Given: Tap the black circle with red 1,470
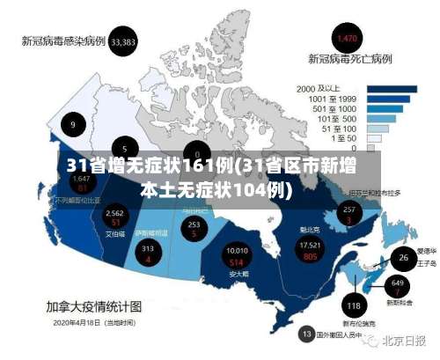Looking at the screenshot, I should pos(347,38).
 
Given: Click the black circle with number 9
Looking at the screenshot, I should pos(73,124).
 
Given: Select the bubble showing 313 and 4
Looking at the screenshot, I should pos(148,253).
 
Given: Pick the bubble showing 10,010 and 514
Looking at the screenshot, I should pos(237,256).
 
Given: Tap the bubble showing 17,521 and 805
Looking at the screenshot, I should pos(310,250).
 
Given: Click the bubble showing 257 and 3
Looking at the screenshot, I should pos(349,214).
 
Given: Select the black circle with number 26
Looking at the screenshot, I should pos(404,258).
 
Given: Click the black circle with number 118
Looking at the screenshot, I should pos(354,306).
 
